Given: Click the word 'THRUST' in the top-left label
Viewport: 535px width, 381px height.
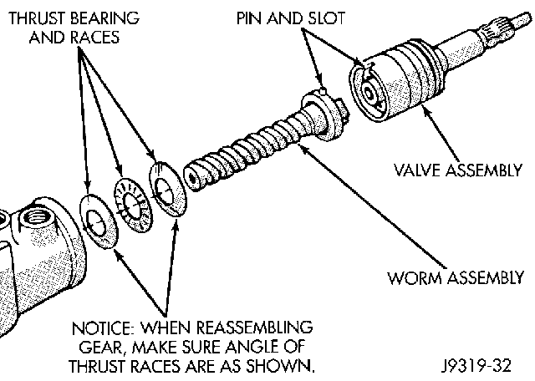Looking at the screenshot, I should [33, 18].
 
